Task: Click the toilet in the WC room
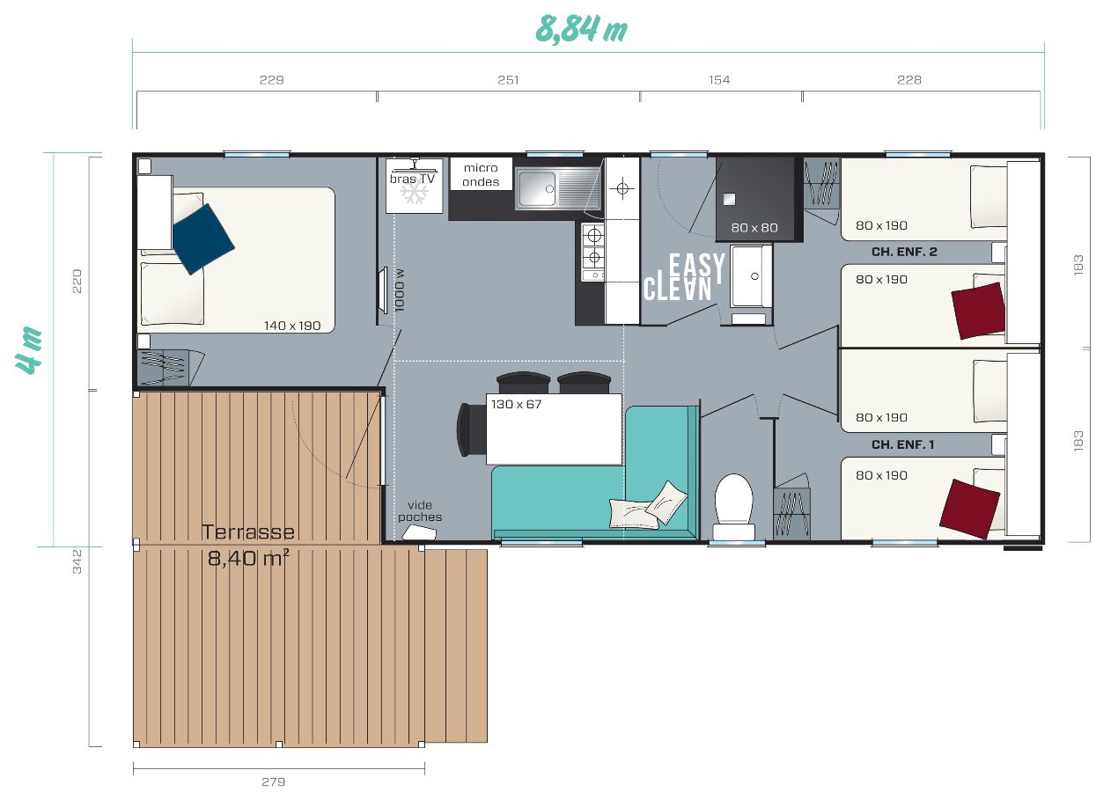pos(733,507)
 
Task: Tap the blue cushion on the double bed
pos(203,239)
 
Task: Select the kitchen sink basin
pos(537,188)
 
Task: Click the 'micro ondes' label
pos(481,174)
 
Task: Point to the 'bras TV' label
pos(412,179)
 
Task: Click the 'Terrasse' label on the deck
pos(248,532)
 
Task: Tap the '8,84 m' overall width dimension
pos(581,29)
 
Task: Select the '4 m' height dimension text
pos(29,350)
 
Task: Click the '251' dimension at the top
pos(508,80)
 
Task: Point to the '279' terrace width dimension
pos(273,781)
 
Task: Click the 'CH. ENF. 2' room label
pos(904,252)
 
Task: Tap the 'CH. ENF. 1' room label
pos(902,444)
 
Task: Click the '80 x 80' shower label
pos(754,228)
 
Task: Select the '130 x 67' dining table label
pos(516,405)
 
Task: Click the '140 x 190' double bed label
pos(292,326)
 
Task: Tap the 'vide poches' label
pos(420,511)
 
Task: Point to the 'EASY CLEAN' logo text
pos(684,277)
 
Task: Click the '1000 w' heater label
pos(400,290)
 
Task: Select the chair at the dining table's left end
pos(471,430)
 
